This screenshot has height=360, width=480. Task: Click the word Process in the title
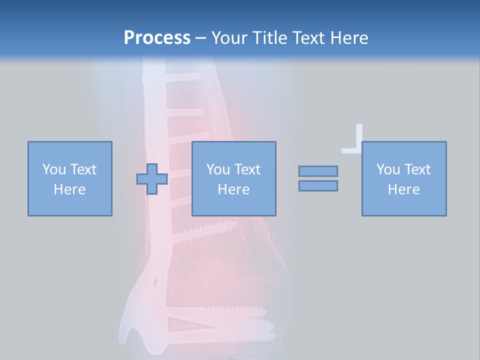[x=157, y=37]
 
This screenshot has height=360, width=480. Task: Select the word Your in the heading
[x=230, y=37]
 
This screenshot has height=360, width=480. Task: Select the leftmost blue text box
[x=69, y=178]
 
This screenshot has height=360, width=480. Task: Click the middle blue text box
[x=233, y=178]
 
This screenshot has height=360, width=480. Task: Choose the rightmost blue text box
[x=403, y=178]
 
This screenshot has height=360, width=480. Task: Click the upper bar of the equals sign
[x=318, y=171]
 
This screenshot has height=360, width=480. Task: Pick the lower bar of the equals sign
[x=318, y=186]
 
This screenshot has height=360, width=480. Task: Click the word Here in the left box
[x=69, y=189]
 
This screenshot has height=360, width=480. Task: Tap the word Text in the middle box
[x=248, y=169]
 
